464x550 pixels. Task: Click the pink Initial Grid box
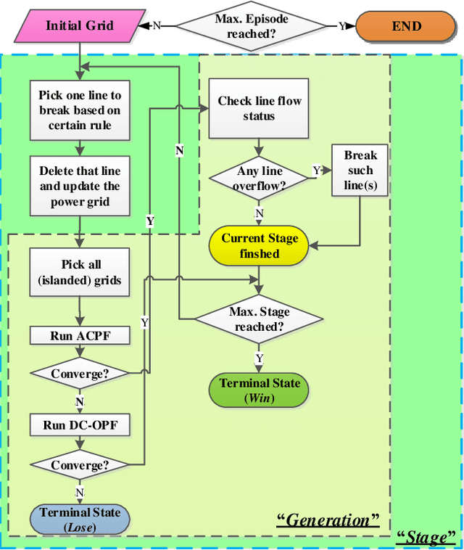pos(80,25)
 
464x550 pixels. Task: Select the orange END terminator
pos(406,25)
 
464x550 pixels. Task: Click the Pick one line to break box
pos(80,110)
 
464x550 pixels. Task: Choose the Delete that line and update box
pos(80,186)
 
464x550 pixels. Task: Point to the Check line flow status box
pos(259,109)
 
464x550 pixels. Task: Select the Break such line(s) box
pos(360,171)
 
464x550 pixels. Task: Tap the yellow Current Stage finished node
pos(260,245)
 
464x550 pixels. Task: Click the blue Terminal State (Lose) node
pos(80,520)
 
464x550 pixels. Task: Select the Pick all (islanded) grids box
pos(80,273)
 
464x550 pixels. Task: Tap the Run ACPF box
pos(80,335)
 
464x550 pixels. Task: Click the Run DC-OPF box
pos(80,425)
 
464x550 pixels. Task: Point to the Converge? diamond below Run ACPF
pos(80,374)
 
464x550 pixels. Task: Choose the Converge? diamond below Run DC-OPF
pos(80,464)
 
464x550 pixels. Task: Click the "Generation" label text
pos(328,520)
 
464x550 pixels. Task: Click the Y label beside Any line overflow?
pos(316,171)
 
